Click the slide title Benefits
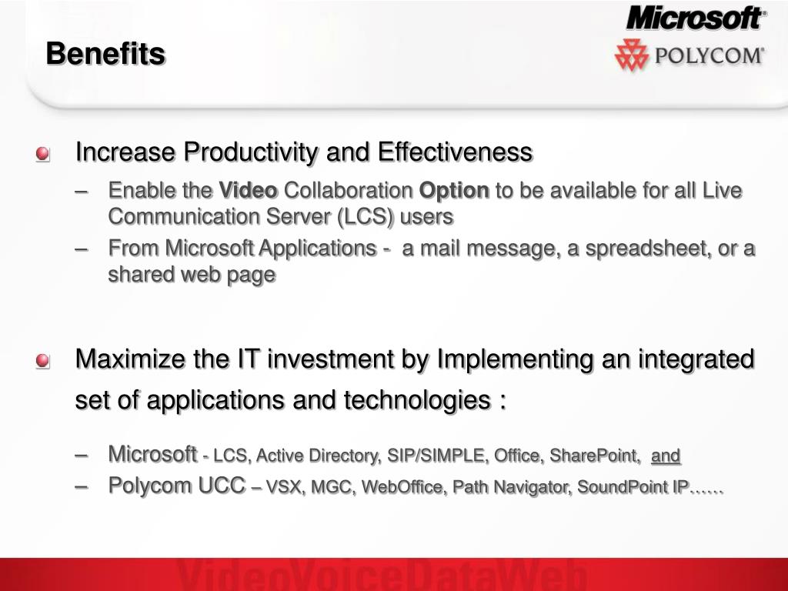105,53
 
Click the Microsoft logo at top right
696,18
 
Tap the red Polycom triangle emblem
631,55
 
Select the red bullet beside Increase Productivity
43,154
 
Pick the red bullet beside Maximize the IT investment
43,361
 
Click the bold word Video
249,191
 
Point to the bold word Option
454,191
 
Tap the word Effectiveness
455,152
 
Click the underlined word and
666,456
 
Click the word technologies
417,400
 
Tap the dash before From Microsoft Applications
81,249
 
